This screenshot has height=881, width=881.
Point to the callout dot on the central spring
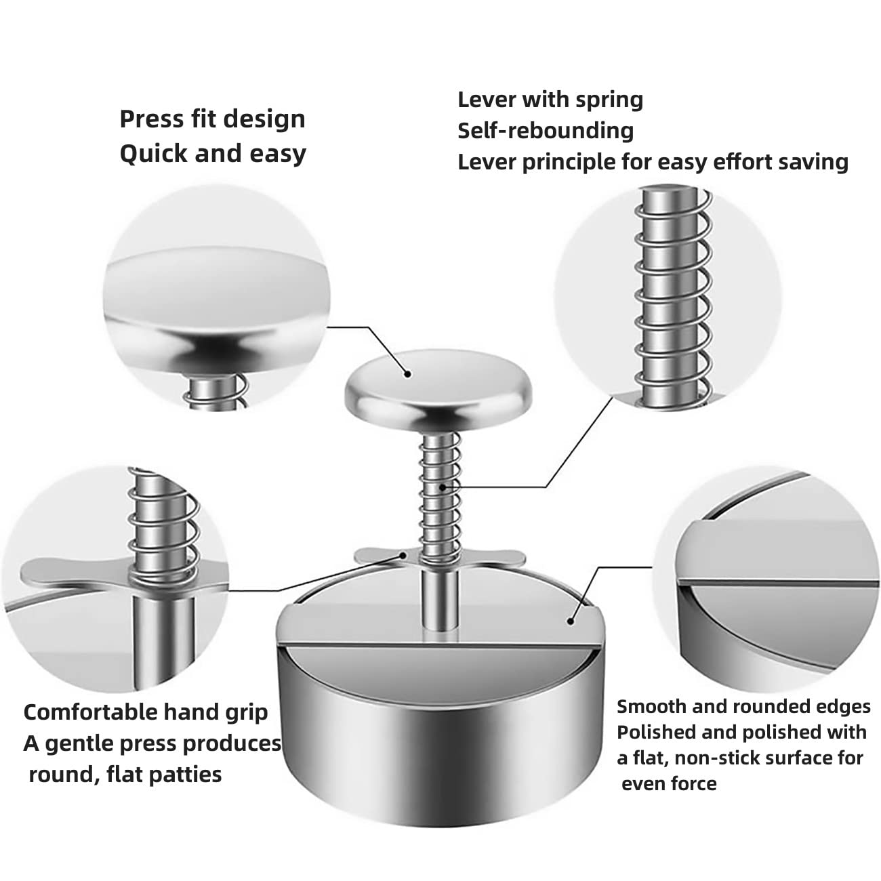442,487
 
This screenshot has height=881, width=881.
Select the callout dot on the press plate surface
571,621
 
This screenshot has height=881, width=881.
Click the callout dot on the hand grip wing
403,556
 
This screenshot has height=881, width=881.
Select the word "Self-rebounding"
546,131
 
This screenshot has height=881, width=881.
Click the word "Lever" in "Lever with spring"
487,100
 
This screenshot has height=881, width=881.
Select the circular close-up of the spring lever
668,295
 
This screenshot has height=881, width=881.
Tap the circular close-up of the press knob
216,295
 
